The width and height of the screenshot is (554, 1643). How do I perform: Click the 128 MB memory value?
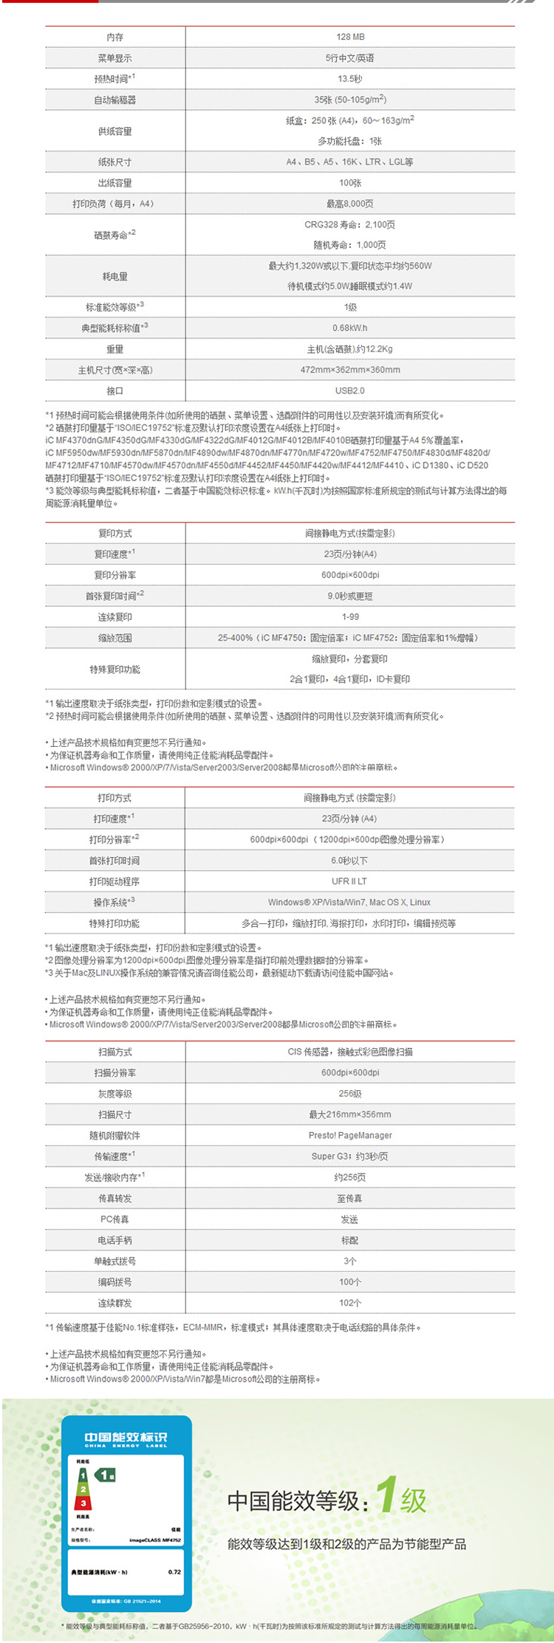350,37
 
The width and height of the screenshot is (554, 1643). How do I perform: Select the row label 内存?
114,37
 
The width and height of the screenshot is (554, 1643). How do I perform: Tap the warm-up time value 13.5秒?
350,79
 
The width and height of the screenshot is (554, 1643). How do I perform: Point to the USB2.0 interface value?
350,390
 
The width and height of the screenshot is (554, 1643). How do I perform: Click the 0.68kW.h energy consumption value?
350,328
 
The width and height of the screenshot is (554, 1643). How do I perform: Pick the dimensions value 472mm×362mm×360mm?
350,370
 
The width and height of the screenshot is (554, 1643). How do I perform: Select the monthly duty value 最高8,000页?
350,204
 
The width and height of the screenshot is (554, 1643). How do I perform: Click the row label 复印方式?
114,533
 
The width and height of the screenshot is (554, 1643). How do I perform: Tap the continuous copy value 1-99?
350,616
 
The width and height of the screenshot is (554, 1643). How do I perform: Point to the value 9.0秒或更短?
350,596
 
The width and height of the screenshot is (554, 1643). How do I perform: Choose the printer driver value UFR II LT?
349,881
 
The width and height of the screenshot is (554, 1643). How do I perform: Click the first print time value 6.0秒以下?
349,861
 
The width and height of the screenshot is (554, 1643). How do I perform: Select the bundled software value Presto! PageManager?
350,1135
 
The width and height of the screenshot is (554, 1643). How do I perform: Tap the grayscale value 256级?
350,1094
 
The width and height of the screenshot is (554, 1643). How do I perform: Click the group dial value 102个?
350,1303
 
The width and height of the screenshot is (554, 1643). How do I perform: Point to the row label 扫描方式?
114,1052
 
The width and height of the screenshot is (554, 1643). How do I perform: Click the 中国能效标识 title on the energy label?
126,1436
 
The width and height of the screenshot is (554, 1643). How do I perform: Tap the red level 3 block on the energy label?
83,1503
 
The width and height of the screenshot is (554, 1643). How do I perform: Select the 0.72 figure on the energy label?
174,1572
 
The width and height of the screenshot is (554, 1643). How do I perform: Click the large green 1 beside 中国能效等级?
387,1495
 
